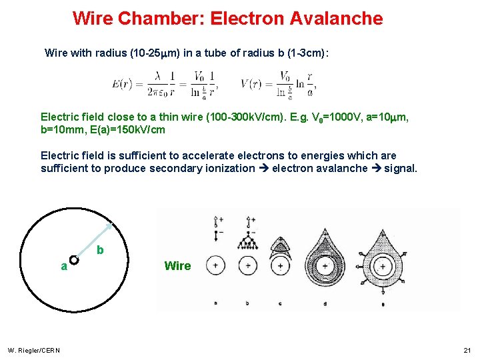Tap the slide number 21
[x=466, y=351]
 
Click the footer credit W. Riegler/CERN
[x=33, y=351]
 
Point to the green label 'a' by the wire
[x=63, y=266]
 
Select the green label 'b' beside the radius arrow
[x=100, y=250]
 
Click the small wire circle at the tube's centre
[x=74, y=260]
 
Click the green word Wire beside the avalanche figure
[x=177, y=266]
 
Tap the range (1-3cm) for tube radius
[x=304, y=52]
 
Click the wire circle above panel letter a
[x=215, y=265]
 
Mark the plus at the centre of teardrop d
[x=325, y=265]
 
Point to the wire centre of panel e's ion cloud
[x=383, y=265]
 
